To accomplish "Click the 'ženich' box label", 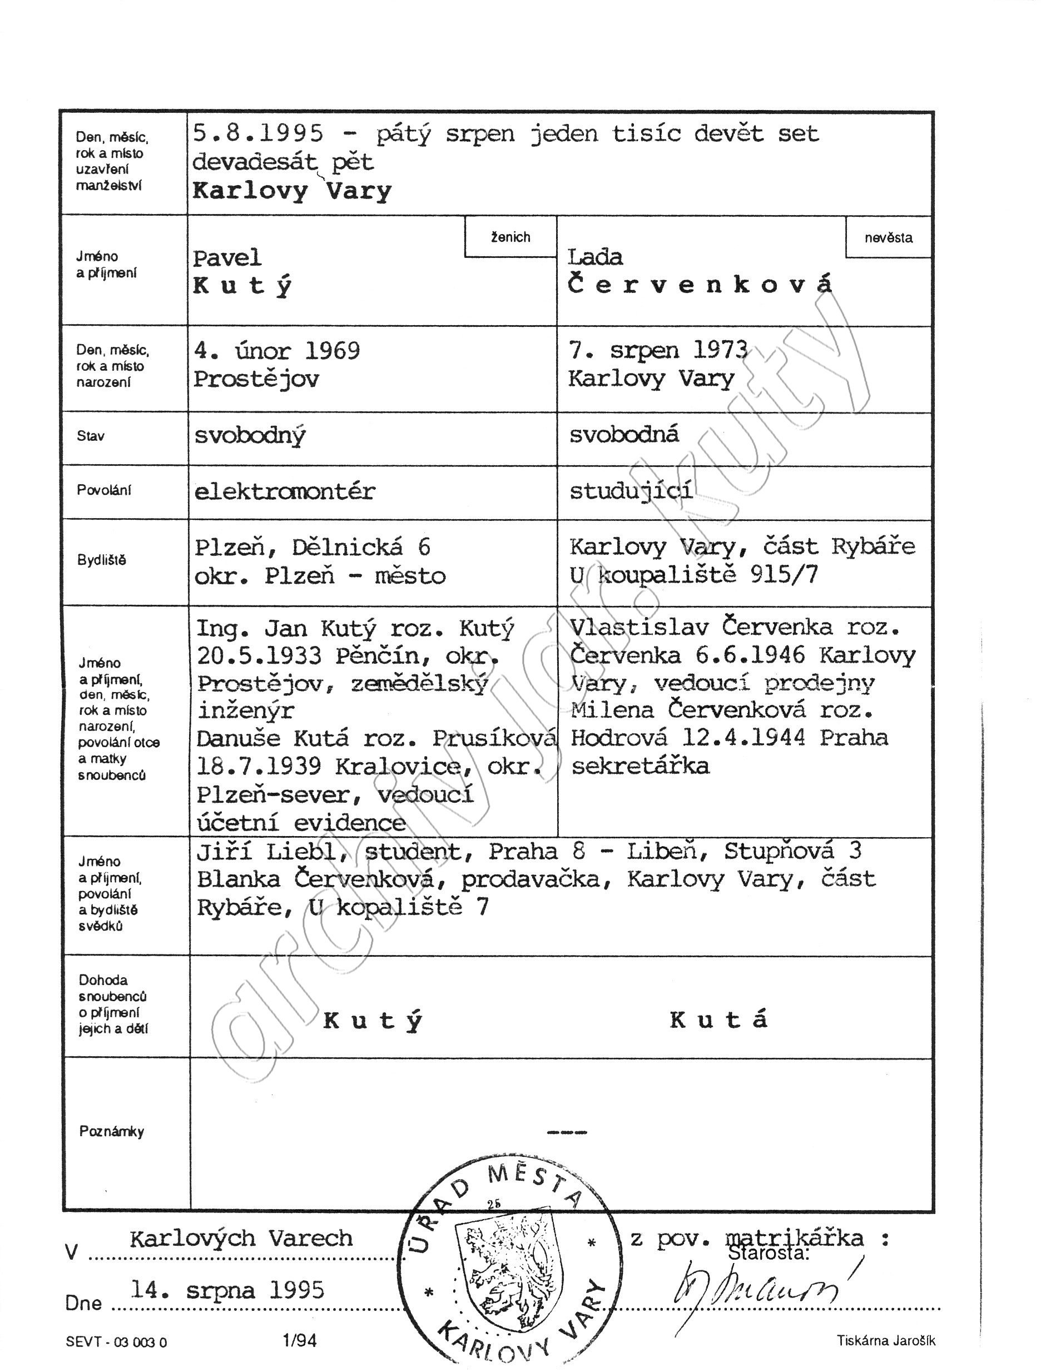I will click(x=510, y=237).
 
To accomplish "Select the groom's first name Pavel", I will click(x=227, y=258).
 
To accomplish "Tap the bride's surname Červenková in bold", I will click(x=699, y=285).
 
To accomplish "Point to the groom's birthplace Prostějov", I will click(x=256, y=379).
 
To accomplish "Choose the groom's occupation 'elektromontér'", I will click(x=285, y=492).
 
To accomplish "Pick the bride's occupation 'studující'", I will click(x=631, y=491).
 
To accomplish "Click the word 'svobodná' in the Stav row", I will click(x=624, y=435).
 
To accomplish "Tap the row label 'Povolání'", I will click(x=104, y=490).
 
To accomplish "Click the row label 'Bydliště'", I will click(x=102, y=560).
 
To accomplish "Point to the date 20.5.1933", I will click(x=259, y=655).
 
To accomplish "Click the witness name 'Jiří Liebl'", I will click(x=269, y=852).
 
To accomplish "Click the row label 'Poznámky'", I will click(x=112, y=1131).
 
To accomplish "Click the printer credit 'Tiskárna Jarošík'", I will click(x=885, y=1340).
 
